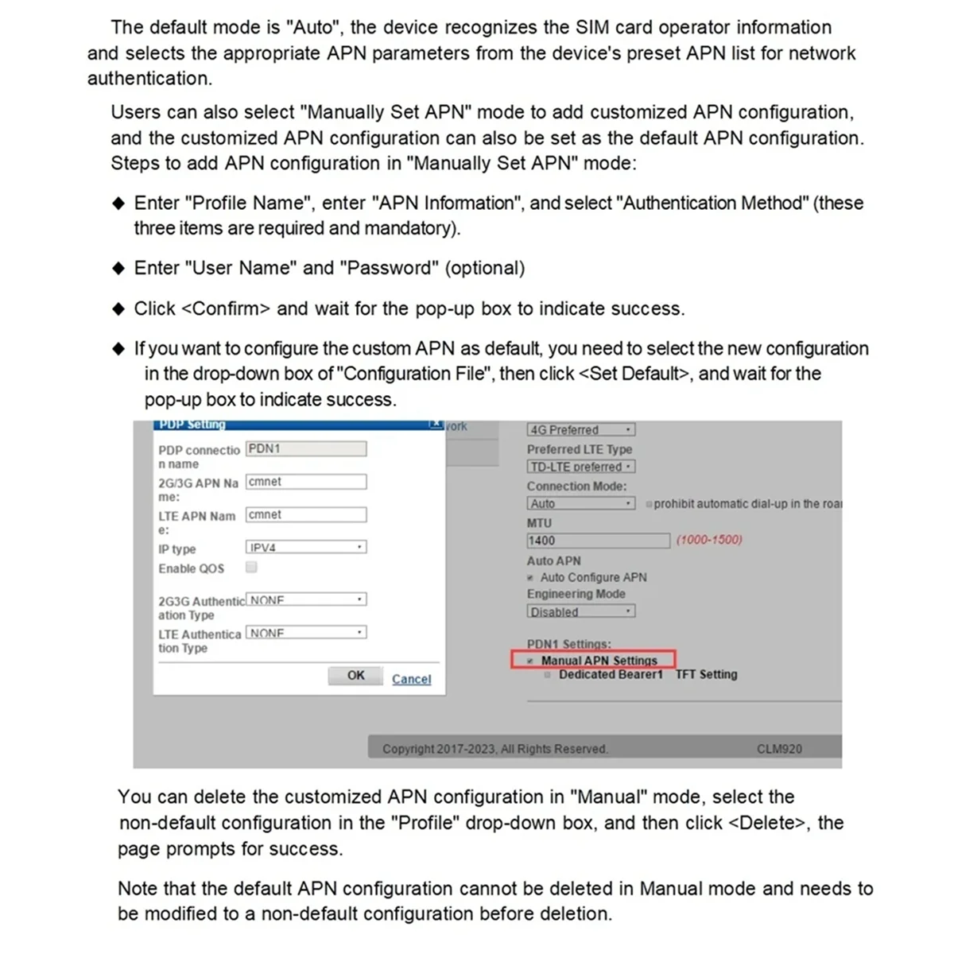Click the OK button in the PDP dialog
tap(355, 676)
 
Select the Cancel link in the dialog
tap(411, 680)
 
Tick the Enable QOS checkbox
tap(251, 568)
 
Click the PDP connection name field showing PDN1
tap(306, 449)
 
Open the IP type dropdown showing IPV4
tap(306, 548)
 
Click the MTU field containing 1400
tap(598, 541)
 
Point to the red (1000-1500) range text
tap(709, 540)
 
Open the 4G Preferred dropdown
tap(581, 430)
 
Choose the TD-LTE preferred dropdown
tap(581, 467)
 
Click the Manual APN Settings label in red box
tap(599, 661)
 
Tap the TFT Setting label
tap(706, 675)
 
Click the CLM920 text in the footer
tap(779, 749)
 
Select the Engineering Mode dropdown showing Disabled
tap(581, 612)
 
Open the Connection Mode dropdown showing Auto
tap(581, 504)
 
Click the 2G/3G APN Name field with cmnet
tap(306, 482)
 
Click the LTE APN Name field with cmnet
tap(306, 515)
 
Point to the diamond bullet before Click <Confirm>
tap(118, 309)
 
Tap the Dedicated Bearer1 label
tap(611, 675)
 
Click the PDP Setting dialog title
tap(192, 425)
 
